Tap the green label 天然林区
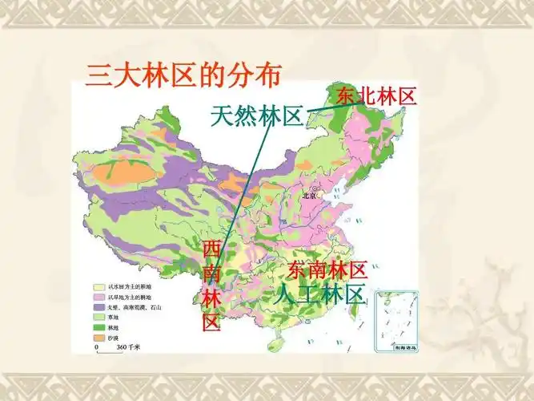256,116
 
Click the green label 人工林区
320,293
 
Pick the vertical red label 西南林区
211,286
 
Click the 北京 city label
310,195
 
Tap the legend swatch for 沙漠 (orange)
98,338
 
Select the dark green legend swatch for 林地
98,327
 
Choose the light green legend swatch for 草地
98,317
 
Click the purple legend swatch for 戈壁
98,306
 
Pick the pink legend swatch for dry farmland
98,296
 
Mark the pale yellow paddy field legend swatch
98,286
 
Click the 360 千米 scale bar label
129,347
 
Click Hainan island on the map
275,343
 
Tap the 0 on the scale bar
97,347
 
